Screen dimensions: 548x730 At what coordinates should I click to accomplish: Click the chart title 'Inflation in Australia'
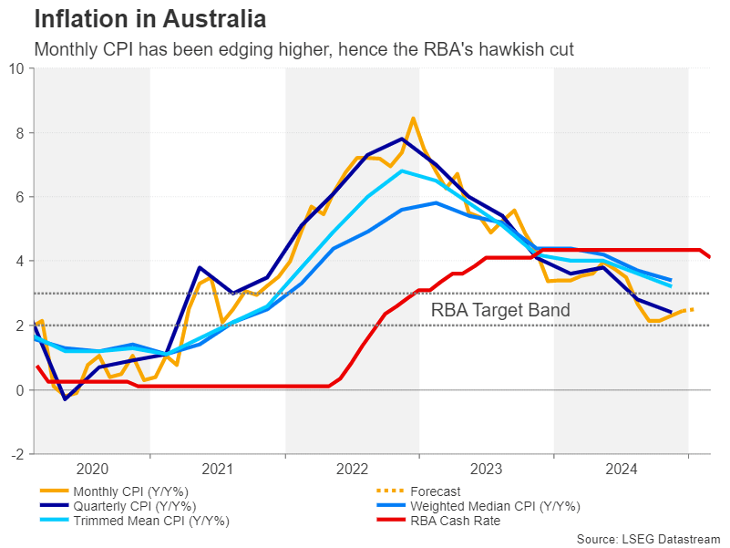click(x=150, y=18)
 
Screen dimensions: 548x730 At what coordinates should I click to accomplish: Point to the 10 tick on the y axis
click(x=17, y=68)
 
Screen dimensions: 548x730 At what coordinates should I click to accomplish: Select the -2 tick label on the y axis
click(x=17, y=454)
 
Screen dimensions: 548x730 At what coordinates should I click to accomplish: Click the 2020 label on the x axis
click(x=92, y=469)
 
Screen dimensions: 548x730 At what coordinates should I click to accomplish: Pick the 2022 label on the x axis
click(x=352, y=469)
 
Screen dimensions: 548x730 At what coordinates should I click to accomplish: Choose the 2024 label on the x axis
click(x=621, y=469)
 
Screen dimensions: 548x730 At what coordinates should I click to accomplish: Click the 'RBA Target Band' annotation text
click(x=500, y=311)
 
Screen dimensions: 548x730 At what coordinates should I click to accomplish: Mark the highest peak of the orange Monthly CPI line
click(x=413, y=118)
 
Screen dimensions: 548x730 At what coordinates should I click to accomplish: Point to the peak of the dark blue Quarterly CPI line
click(x=402, y=139)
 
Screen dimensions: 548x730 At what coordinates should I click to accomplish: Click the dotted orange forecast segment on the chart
click(x=686, y=311)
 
